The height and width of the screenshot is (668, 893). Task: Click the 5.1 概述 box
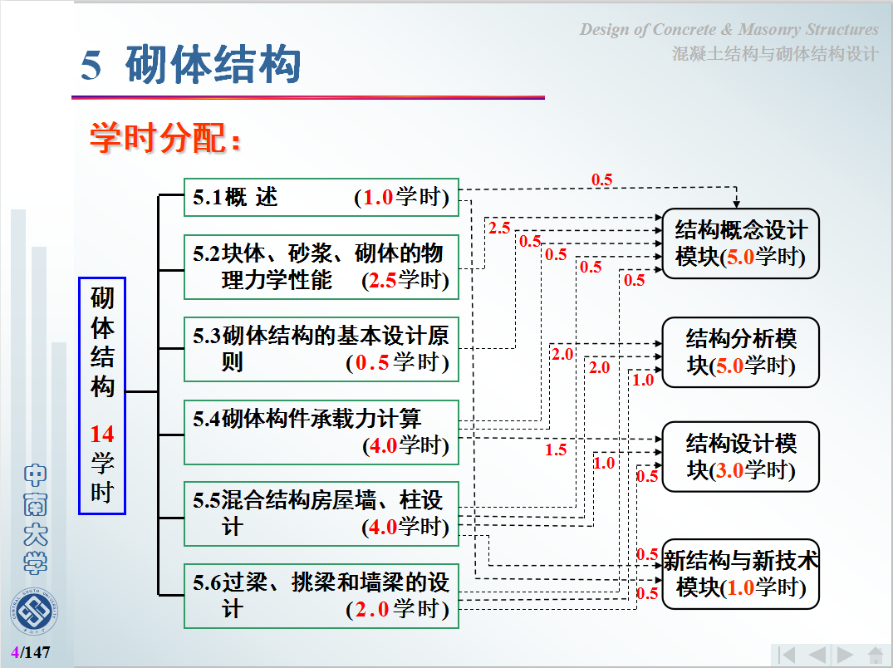321,198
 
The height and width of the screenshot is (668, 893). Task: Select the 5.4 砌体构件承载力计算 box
321,432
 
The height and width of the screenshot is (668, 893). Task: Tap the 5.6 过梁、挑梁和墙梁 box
321,596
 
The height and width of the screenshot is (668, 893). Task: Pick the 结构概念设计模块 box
740,243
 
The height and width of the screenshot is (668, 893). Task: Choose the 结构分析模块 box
740,352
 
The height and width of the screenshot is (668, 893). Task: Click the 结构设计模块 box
740,457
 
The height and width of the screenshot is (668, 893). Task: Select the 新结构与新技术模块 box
740,574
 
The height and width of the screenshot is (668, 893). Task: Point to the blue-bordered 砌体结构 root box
102,395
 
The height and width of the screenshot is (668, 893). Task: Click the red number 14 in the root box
102,434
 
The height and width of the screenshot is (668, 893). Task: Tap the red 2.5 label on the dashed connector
499,228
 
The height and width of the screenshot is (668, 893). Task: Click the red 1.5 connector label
555,449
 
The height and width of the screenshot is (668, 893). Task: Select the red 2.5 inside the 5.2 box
382,280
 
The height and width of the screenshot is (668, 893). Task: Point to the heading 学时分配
165,138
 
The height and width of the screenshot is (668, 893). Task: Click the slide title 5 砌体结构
190,64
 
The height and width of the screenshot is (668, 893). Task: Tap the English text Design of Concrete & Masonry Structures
729,29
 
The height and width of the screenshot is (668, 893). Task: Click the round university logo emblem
34,611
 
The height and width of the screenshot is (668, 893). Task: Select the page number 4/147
31,652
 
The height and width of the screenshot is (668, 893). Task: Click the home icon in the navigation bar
876,655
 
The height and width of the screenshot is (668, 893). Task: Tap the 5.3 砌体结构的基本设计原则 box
321,349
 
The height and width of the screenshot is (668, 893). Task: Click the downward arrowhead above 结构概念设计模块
736,204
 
